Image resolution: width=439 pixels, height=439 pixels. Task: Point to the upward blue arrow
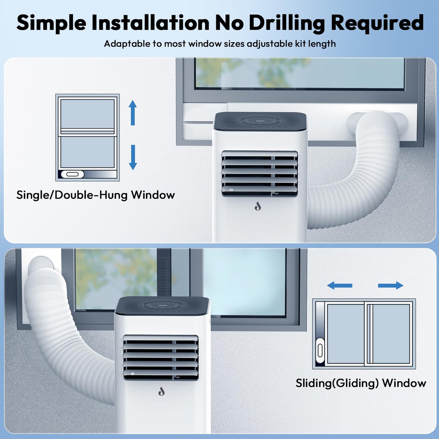(132, 113)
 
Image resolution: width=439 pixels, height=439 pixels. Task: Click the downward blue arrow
(133, 157)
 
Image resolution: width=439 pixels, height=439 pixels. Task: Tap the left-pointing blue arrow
(339, 286)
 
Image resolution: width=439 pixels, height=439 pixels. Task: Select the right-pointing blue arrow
(390, 286)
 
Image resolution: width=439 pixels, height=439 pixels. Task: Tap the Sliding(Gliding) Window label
(361, 383)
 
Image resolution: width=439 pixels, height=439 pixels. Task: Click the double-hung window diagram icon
(87, 138)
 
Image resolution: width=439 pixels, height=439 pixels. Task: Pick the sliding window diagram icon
(364, 334)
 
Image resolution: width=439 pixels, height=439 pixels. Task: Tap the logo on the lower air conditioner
(161, 391)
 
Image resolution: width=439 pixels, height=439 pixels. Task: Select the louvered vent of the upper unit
(260, 173)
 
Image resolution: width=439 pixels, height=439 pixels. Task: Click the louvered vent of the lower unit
(161, 358)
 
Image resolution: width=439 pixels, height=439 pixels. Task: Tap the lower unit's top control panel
(162, 305)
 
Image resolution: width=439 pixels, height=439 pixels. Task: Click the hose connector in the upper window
(378, 123)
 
